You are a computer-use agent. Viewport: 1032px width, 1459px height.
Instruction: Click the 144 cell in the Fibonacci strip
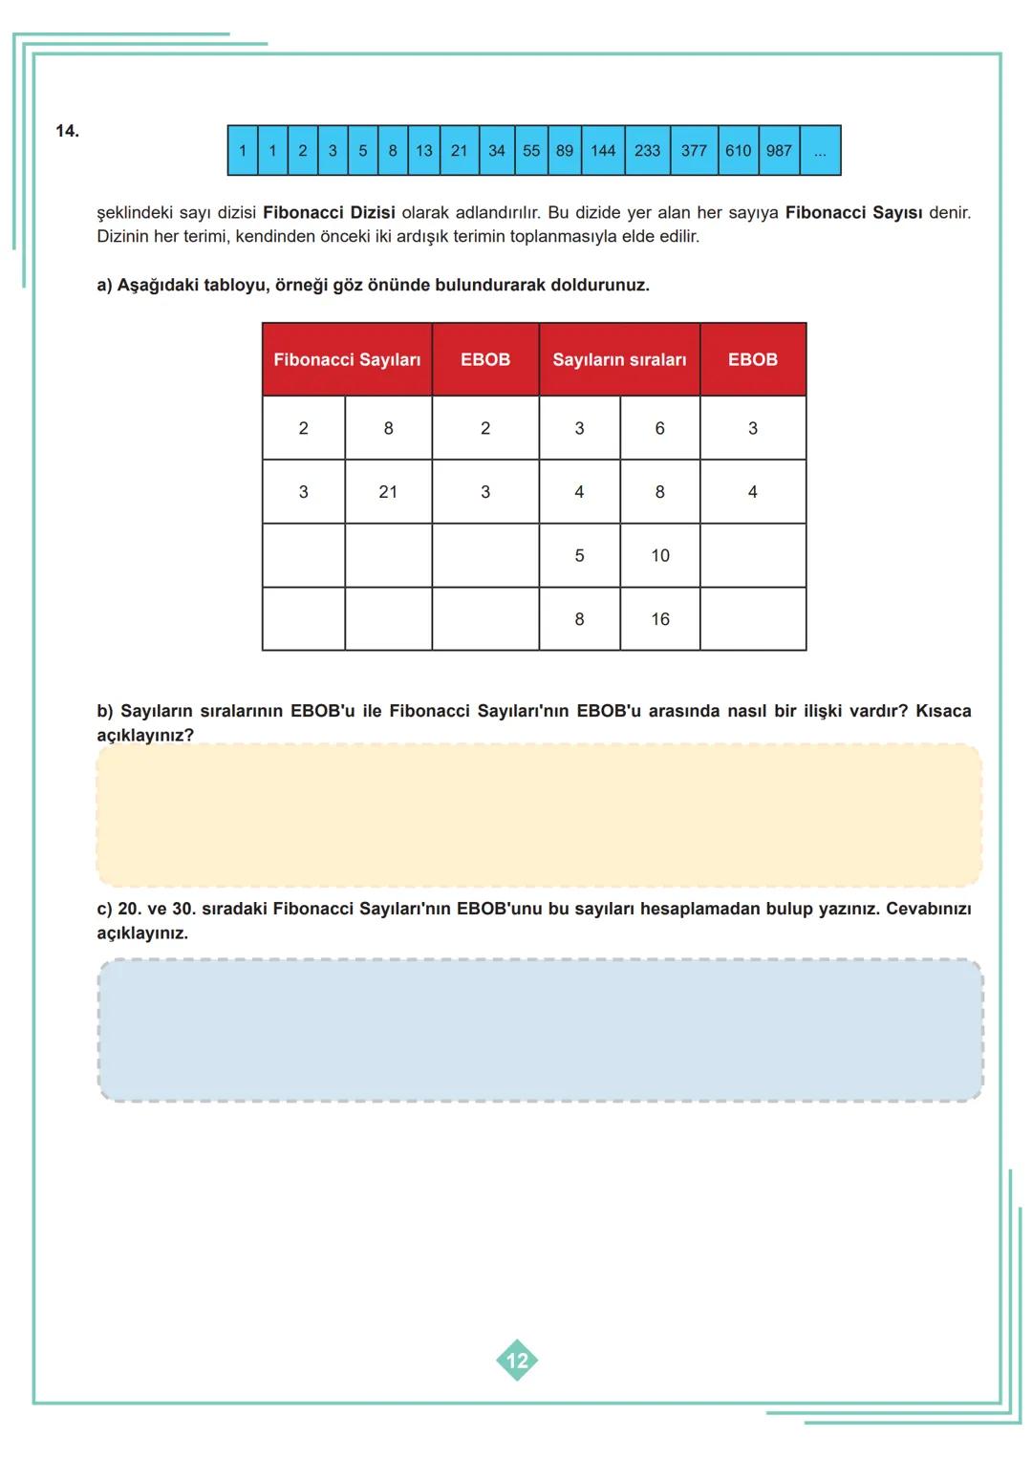(x=603, y=151)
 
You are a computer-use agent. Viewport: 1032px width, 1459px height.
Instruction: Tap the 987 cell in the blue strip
(x=779, y=151)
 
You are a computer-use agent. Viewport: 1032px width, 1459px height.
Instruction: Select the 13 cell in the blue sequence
(x=423, y=151)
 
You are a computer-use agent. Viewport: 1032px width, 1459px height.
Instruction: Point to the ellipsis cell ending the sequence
(x=820, y=151)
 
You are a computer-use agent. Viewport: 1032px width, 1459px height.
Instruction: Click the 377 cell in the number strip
(x=694, y=151)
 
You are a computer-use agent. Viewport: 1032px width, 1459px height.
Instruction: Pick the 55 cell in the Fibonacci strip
(x=531, y=151)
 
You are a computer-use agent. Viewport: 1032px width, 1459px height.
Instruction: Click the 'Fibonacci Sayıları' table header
(x=347, y=360)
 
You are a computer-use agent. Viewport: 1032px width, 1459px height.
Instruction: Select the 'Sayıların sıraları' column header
(x=619, y=360)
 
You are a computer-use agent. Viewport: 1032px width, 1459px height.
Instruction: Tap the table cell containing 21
(x=388, y=492)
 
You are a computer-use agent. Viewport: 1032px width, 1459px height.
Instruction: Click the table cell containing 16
(x=660, y=619)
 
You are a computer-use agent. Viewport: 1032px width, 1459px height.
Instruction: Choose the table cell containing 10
(x=660, y=556)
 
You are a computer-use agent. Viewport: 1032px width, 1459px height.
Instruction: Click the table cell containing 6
(x=659, y=429)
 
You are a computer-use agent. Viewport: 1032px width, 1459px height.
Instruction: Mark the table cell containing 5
(x=579, y=556)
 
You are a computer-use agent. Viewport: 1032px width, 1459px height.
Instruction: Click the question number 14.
(x=67, y=131)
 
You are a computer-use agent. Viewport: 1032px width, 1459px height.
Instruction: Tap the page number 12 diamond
(x=517, y=1361)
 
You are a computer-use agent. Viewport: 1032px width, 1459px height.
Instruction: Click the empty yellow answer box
(x=539, y=815)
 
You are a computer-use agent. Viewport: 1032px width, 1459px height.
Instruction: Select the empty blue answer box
(x=540, y=1030)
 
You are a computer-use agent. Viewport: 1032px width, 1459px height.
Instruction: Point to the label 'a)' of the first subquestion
(x=104, y=286)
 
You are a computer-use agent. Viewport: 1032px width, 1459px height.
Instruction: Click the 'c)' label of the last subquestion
(x=104, y=909)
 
